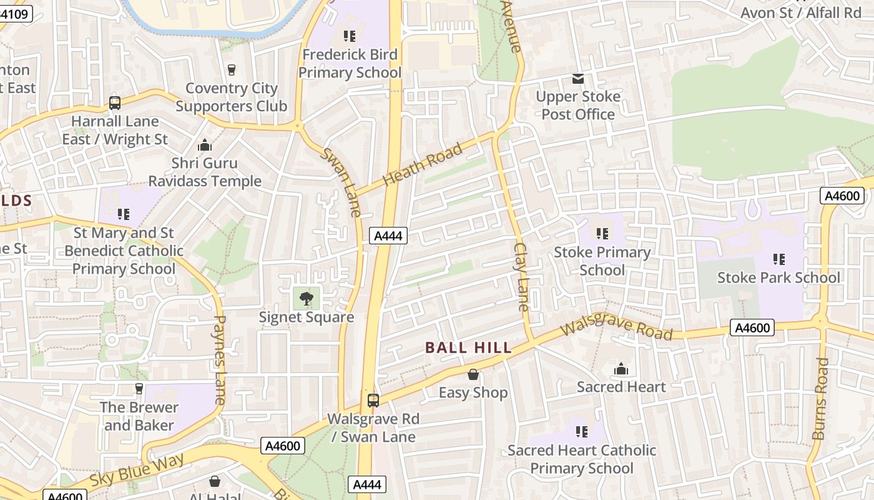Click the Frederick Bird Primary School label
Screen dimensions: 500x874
(x=349, y=64)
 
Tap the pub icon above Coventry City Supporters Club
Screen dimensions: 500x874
(x=232, y=69)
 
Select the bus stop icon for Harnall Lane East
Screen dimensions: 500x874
(x=115, y=102)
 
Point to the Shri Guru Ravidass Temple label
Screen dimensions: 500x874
(x=205, y=172)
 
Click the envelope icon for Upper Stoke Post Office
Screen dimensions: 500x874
(x=578, y=79)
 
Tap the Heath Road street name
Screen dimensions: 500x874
(x=423, y=164)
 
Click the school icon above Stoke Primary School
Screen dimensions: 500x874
(x=602, y=234)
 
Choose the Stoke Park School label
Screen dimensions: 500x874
(x=778, y=277)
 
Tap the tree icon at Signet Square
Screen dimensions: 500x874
(x=307, y=298)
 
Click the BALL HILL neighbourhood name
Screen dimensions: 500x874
(x=468, y=348)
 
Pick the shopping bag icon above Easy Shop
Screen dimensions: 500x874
(x=473, y=374)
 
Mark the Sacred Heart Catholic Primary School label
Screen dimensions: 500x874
(x=581, y=459)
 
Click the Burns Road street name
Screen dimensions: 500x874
(x=821, y=398)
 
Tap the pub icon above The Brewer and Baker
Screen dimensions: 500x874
(x=139, y=389)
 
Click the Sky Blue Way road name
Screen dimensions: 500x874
(x=137, y=470)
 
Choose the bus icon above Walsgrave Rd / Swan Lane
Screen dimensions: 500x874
(x=373, y=401)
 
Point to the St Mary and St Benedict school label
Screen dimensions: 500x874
(x=124, y=251)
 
